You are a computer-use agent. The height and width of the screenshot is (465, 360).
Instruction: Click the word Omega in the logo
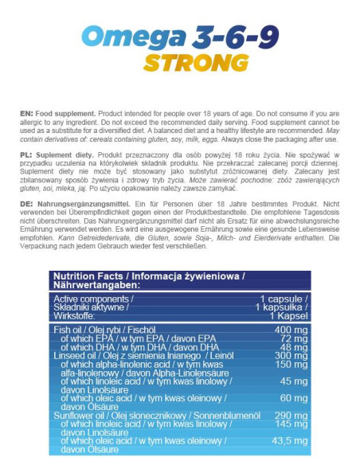click(131, 37)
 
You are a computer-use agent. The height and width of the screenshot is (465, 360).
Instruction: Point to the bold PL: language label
click(26, 151)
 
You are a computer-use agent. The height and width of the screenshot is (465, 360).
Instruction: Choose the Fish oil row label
click(67, 328)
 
